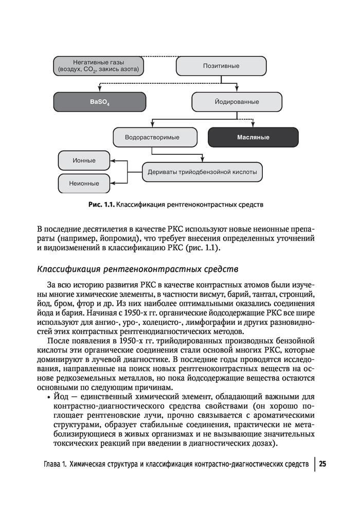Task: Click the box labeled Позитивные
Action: (x=221, y=66)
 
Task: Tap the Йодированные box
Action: (x=237, y=102)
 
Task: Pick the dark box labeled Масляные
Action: (x=253, y=138)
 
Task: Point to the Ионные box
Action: (x=84, y=160)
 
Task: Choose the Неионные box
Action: (x=84, y=183)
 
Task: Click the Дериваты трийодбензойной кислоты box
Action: (x=202, y=172)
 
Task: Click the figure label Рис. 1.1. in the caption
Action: (x=101, y=205)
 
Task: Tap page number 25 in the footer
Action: (x=322, y=464)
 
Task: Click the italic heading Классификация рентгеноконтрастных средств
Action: (x=138, y=269)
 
